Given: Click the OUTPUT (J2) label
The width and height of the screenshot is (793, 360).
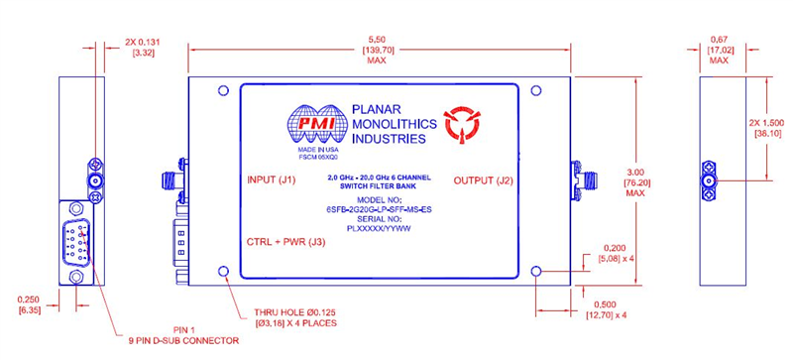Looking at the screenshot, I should [486, 180].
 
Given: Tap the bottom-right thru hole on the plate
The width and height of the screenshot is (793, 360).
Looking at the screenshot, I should [536, 270].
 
